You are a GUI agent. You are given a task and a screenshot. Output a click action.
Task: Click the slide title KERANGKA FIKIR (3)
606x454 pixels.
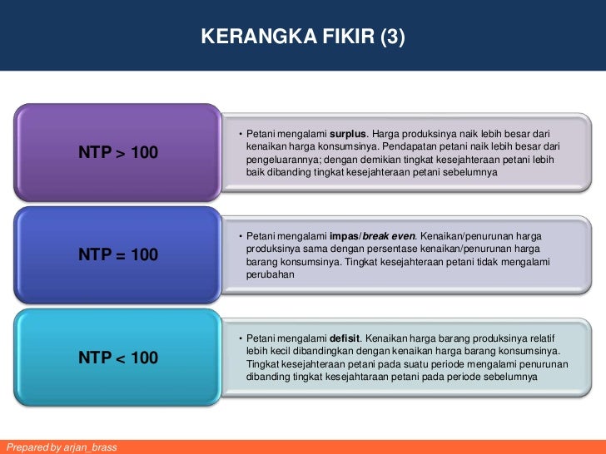(x=302, y=37)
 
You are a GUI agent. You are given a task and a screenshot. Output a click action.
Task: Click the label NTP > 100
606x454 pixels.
(x=118, y=152)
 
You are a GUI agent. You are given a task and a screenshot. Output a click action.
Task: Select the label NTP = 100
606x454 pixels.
(x=118, y=255)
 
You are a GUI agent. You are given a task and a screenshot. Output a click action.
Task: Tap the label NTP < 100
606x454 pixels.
(x=118, y=358)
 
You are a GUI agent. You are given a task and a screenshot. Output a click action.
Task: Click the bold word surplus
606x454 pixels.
(x=348, y=134)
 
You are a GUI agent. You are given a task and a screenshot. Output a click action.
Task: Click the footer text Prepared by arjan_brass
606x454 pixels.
(x=61, y=447)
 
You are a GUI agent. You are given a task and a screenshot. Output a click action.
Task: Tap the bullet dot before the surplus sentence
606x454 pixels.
(x=240, y=135)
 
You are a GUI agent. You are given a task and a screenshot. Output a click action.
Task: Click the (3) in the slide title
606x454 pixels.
(x=392, y=37)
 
